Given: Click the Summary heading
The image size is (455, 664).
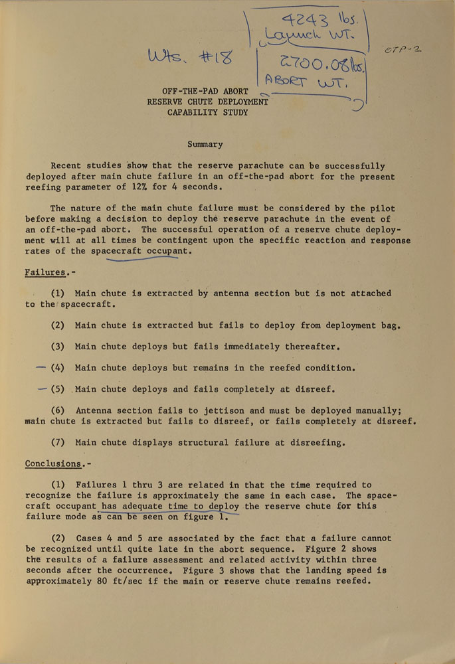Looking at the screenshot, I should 205,144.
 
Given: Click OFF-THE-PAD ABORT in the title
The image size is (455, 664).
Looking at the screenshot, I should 205,91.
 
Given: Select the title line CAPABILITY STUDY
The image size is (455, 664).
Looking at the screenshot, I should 208,113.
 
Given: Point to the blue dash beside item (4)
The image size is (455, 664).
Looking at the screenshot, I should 41,367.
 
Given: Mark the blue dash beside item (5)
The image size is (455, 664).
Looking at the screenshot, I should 43,388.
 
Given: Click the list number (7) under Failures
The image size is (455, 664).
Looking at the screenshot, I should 59,442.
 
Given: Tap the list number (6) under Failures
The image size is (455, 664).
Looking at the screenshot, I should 59,410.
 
